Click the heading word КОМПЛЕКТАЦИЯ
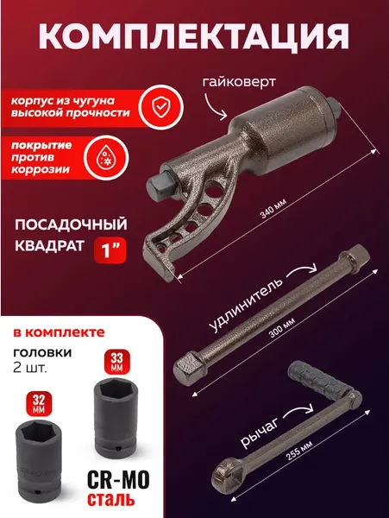195,37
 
